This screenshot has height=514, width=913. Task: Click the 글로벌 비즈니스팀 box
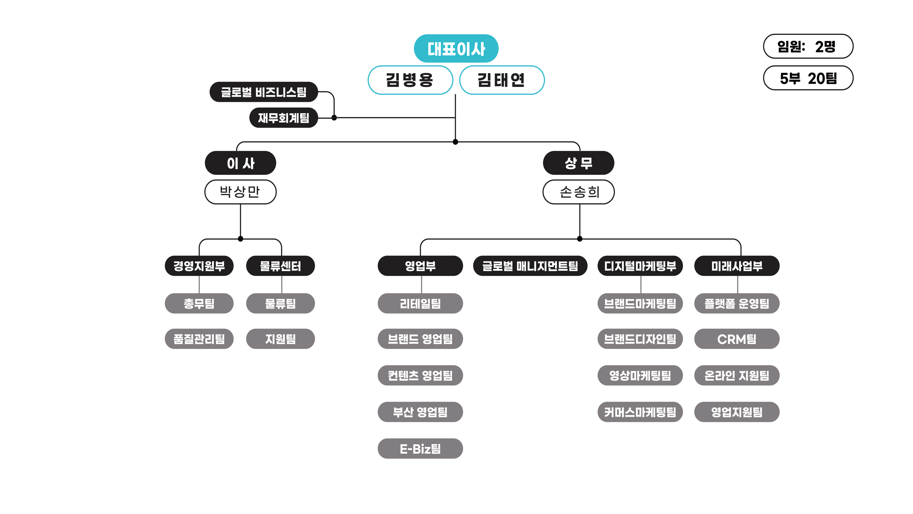coord(263,92)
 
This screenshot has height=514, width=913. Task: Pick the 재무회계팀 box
coord(283,118)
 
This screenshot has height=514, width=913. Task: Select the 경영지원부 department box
coord(199,266)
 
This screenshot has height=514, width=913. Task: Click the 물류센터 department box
coord(280,266)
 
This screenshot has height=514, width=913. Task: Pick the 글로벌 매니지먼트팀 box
coord(530,266)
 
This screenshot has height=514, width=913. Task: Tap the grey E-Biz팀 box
coord(420,448)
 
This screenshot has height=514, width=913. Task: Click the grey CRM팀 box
coord(737,339)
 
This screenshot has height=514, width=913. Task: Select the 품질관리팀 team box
coord(199,339)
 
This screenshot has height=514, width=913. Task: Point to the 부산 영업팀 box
coord(420,412)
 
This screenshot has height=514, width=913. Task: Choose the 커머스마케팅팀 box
coord(640,412)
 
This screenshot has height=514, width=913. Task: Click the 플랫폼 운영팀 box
coord(737,303)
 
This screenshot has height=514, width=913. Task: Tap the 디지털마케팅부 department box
coord(640,266)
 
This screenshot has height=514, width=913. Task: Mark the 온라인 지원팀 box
coord(737,375)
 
